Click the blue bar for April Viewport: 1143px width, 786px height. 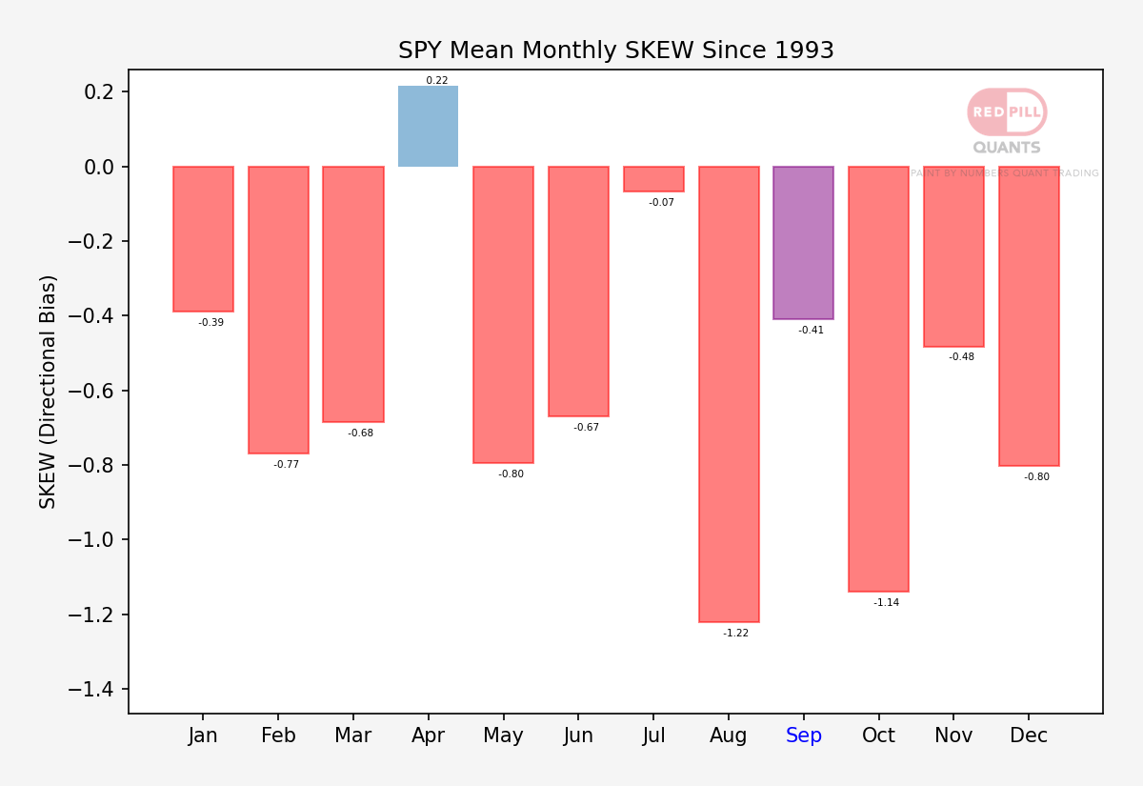tap(428, 126)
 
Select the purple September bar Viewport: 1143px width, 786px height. tap(804, 243)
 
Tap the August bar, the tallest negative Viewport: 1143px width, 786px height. tap(729, 394)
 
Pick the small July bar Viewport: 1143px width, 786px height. tap(653, 179)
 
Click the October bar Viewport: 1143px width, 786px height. tap(878, 379)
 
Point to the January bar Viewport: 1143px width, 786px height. tap(203, 239)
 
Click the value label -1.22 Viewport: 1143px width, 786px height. tap(735, 633)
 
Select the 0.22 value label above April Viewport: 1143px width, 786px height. tap(437, 80)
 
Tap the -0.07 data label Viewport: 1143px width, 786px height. tap(661, 203)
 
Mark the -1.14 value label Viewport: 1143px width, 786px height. tap(887, 602)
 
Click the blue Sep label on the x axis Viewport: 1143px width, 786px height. tap(804, 736)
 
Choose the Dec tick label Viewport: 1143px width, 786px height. tap(1029, 735)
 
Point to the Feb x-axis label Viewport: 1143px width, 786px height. tap(278, 735)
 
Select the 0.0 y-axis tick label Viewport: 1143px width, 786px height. tap(99, 167)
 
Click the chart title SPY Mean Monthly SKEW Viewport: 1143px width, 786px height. tap(616, 50)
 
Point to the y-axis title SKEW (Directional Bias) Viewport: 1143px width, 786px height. tap(47, 392)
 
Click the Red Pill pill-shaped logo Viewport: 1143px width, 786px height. tap(1008, 112)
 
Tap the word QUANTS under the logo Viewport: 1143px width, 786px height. tap(1007, 148)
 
